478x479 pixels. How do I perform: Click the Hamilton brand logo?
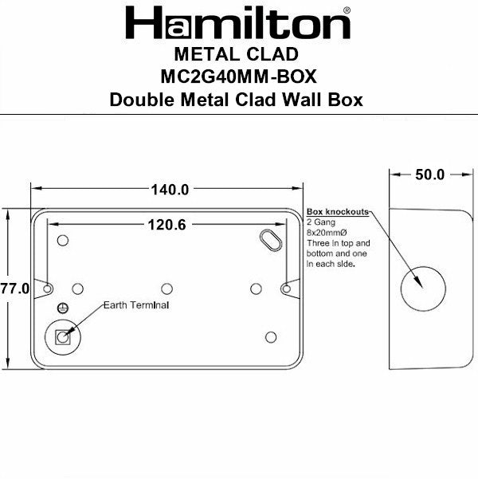pos(237,24)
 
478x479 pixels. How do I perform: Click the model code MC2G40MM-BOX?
pos(237,77)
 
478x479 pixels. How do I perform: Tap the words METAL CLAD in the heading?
pos(237,56)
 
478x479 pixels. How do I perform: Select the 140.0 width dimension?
pos(169,190)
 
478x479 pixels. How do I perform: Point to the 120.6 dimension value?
pos(166,226)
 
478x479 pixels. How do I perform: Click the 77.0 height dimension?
pos(14,289)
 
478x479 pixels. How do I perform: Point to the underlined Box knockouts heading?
pos(338,213)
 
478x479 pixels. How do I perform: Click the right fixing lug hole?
pos(286,288)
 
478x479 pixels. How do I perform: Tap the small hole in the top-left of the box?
pos(63,239)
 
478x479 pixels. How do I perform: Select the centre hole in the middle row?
pos(166,288)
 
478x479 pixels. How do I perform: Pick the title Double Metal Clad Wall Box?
pos(237,100)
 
